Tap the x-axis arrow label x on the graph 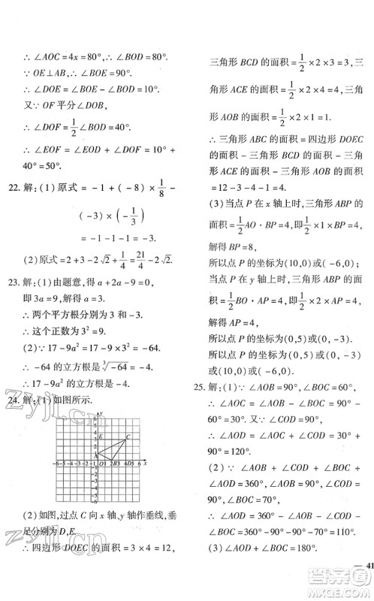[144, 463]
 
